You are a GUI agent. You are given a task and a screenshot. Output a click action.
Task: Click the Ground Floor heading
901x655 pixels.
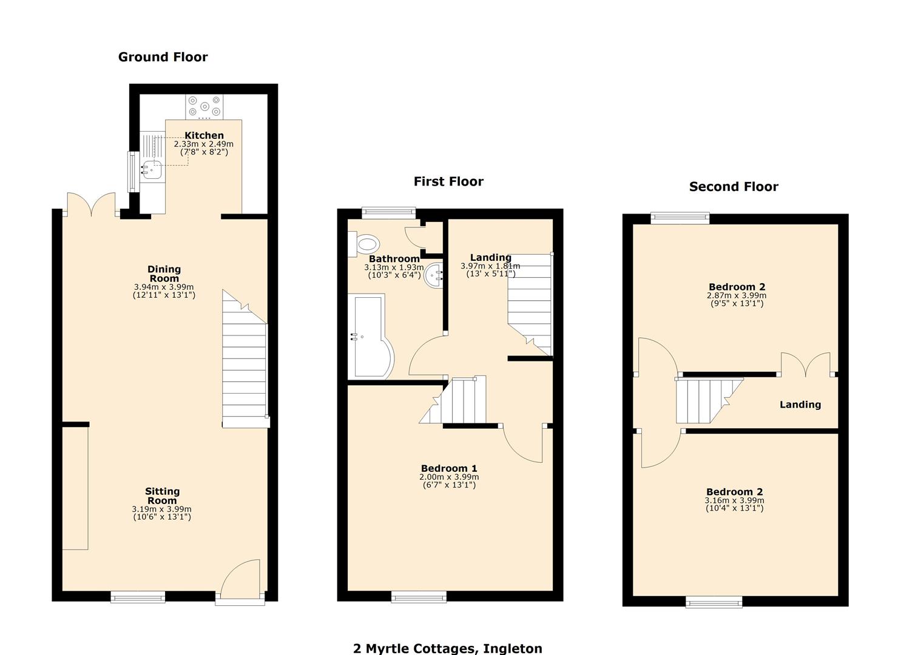pyautogui.click(x=163, y=57)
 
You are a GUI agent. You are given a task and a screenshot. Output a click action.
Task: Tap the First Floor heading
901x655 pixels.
pyautogui.click(x=448, y=181)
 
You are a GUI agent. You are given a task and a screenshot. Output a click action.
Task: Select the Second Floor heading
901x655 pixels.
pyautogui.click(x=733, y=187)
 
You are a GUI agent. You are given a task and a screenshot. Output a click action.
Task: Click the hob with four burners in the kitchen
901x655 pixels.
pyautogui.click(x=204, y=107)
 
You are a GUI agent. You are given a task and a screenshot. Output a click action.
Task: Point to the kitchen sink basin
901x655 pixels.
pyautogui.click(x=152, y=170)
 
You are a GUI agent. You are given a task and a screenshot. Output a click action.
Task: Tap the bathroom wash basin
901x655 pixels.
pyautogui.click(x=434, y=277)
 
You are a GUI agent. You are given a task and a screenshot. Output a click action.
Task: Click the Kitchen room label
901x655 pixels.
pyautogui.click(x=204, y=135)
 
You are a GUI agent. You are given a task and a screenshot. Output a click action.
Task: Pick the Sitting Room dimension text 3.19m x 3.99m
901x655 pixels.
pyautogui.click(x=162, y=509)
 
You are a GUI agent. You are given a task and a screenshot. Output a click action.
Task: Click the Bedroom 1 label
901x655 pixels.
pyautogui.click(x=449, y=468)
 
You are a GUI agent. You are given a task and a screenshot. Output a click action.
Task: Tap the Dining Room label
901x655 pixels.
pyautogui.click(x=164, y=274)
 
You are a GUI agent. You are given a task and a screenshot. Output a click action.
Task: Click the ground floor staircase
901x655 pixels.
pyautogui.click(x=245, y=364)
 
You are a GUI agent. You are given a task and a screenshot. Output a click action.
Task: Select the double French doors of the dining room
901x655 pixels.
pyautogui.click(x=91, y=205)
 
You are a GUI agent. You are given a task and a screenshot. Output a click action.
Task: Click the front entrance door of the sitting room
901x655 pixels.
pyautogui.click(x=240, y=582)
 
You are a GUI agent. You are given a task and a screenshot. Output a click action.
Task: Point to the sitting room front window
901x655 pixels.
pyautogui.click(x=138, y=597)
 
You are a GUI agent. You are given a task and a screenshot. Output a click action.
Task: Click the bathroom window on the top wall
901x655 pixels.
pyautogui.click(x=388, y=213)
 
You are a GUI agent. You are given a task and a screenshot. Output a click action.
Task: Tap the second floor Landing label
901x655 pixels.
pyautogui.click(x=800, y=405)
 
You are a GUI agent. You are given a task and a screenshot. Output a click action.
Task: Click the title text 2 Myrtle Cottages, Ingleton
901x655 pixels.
pyautogui.click(x=448, y=648)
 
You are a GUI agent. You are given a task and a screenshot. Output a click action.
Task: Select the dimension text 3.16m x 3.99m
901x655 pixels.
pyautogui.click(x=734, y=500)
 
